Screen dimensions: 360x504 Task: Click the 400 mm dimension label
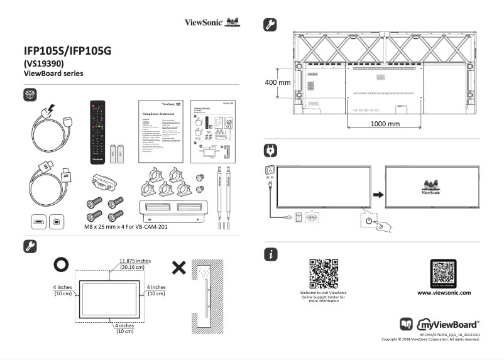click(277, 82)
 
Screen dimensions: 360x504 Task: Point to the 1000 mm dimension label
click(385, 124)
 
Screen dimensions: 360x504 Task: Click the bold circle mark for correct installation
click(61, 265)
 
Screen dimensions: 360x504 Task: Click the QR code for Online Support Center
click(324, 273)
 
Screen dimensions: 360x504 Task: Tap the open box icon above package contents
click(30, 94)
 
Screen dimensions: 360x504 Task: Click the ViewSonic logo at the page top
click(212, 23)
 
